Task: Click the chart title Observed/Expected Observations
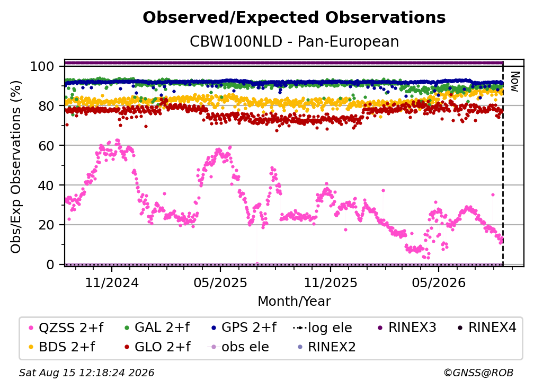[294, 17]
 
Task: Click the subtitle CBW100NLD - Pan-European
[294, 42]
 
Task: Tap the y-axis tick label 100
[42, 66]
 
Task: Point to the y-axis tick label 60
[46, 146]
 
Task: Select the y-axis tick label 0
[50, 264]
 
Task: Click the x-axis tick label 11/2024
[112, 282]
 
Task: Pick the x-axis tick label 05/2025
[220, 282]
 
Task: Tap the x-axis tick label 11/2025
[331, 282]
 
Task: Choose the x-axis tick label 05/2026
[439, 282]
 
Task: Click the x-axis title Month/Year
[294, 302]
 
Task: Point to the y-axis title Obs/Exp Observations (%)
[16, 167]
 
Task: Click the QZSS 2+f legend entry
[66, 328]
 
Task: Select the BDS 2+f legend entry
[61, 347]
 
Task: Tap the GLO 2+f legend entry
[158, 347]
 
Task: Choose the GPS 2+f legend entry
[244, 328]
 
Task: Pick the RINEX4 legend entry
[487, 328]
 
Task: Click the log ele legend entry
[322, 328]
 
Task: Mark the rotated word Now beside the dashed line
[514, 82]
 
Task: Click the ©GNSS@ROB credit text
[478, 373]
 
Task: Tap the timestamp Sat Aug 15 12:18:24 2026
[86, 373]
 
